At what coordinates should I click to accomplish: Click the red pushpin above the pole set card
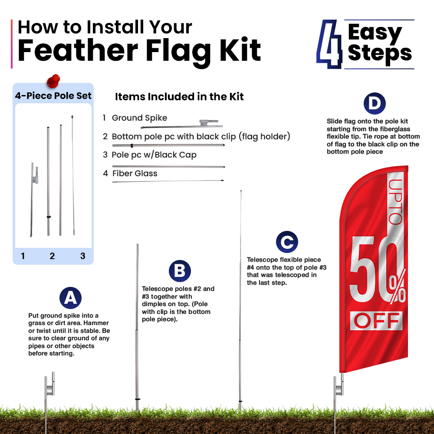point(53,81)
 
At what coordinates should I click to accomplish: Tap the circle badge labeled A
point(71,298)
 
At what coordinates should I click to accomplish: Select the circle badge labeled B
point(180,271)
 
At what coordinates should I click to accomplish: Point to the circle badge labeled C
point(287,242)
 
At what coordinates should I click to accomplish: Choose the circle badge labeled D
point(375,104)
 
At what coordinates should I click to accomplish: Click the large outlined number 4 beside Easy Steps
point(329,44)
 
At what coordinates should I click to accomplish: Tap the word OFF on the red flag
point(376,321)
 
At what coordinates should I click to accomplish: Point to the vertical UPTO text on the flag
point(395,202)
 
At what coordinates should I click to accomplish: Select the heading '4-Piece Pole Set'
point(53,95)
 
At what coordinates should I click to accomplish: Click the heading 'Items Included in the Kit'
point(179,97)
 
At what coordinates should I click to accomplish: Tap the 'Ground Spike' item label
point(139,118)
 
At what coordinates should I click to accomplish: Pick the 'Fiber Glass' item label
point(135,173)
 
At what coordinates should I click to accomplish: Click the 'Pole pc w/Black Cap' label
point(154,155)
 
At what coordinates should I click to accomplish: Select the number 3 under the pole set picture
point(83,256)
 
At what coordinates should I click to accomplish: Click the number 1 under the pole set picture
point(23,256)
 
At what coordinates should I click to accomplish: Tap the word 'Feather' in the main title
point(78,50)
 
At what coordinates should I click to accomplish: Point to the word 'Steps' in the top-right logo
point(380,53)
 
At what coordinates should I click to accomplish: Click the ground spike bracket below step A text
point(50,384)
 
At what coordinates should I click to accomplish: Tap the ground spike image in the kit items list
point(181,124)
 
